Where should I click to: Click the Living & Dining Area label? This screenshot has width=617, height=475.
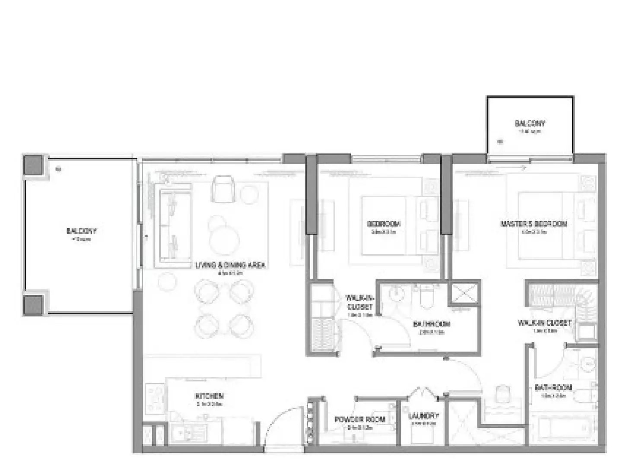coord(230,265)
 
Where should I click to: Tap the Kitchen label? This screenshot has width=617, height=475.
coord(210,396)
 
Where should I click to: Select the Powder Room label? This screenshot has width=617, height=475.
coord(359,419)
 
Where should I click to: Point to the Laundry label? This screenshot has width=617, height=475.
coord(423,415)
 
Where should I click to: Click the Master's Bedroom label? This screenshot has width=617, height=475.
coord(534,224)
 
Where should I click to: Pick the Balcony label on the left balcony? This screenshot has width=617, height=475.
coord(82,231)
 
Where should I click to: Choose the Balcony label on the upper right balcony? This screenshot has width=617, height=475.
coord(530,123)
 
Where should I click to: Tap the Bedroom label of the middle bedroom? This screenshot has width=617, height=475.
coord(383,224)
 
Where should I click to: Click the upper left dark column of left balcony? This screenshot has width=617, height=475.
coord(34,165)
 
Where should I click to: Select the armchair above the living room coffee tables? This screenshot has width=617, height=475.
coord(223,189)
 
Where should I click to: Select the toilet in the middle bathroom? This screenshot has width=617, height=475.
coord(426,297)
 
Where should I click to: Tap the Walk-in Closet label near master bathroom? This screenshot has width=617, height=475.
coord(544,323)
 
